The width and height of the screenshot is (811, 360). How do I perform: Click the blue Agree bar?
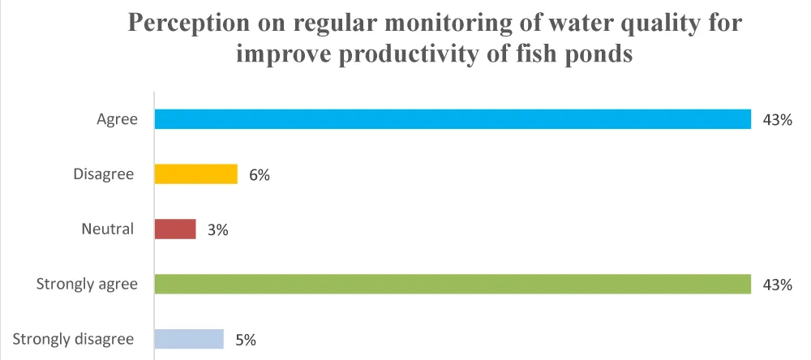click(453, 119)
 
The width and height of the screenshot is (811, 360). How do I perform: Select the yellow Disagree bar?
click(195, 174)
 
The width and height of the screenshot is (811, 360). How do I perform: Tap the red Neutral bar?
click(175, 229)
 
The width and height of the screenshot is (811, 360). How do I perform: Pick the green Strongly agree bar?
click(453, 284)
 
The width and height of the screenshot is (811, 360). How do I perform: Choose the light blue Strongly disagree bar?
click(188, 339)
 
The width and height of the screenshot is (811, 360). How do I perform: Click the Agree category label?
click(117, 119)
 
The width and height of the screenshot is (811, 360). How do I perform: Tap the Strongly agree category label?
click(87, 284)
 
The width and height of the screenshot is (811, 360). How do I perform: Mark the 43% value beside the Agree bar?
click(777, 120)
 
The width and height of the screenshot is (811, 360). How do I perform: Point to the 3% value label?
click(218, 230)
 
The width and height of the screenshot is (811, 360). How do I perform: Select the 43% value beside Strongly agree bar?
click(777, 285)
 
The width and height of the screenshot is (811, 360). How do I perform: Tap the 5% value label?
click(246, 340)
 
